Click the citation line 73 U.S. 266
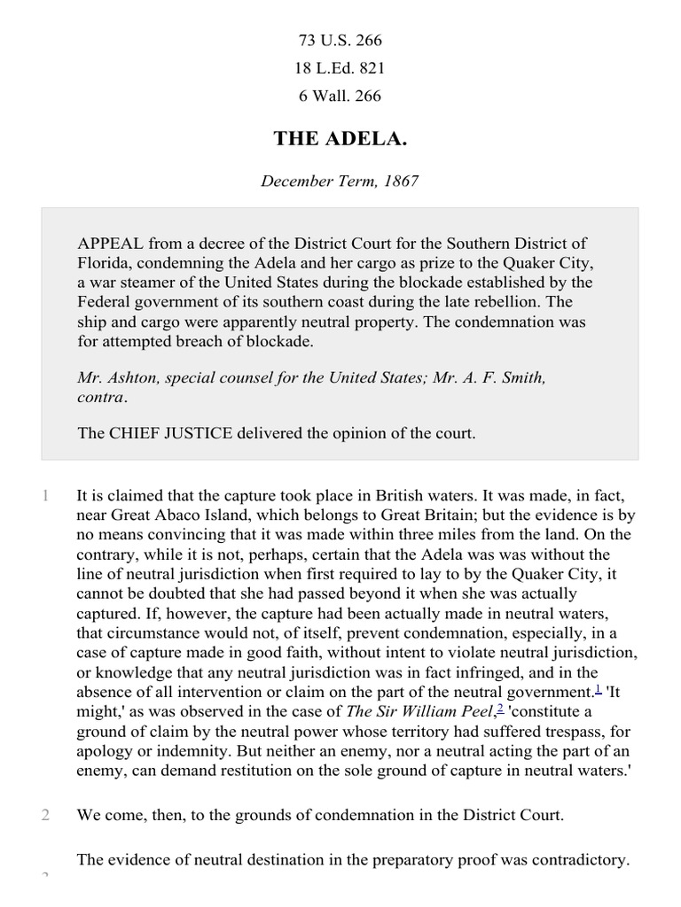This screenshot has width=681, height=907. [x=340, y=41]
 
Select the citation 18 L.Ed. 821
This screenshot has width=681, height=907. [x=340, y=68]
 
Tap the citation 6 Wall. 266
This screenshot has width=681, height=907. [x=340, y=96]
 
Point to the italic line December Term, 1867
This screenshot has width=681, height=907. [x=340, y=181]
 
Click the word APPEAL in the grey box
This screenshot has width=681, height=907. [x=110, y=243]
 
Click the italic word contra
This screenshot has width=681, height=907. [x=101, y=397]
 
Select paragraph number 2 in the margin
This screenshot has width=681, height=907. [x=44, y=815]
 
